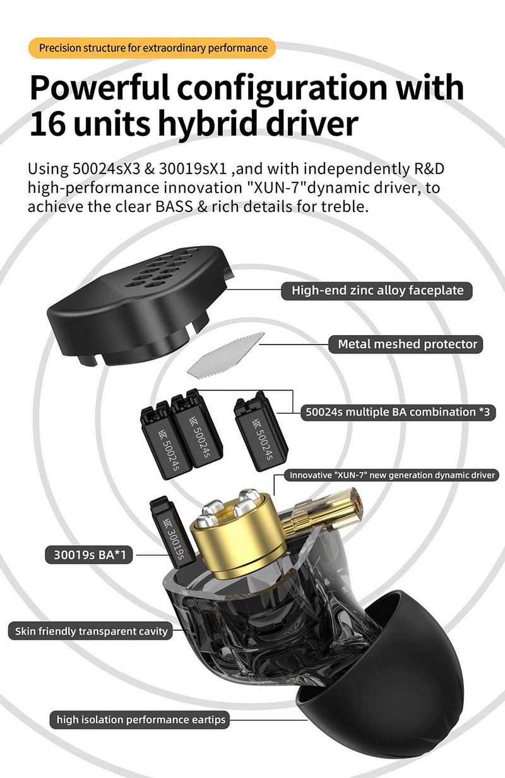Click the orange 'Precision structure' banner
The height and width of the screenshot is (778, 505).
click(153, 48)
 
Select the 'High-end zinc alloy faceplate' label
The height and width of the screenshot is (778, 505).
click(377, 290)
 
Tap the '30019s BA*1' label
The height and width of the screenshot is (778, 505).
click(89, 556)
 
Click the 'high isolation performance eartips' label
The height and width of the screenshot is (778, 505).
click(141, 719)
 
